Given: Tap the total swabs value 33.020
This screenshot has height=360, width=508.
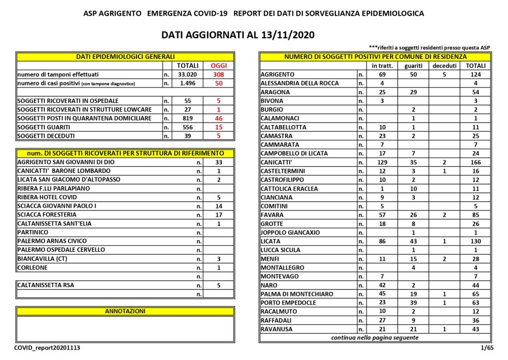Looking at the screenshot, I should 188,74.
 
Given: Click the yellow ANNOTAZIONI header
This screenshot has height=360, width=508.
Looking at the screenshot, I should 125,311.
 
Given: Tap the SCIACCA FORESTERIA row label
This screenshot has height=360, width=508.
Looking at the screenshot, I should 47,215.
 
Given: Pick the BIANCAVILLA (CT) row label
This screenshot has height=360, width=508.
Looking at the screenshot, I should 43,259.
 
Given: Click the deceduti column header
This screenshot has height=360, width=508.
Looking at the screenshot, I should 444,66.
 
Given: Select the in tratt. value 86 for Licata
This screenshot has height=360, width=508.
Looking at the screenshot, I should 382,241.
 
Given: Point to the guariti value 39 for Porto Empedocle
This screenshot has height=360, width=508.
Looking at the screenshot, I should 413,302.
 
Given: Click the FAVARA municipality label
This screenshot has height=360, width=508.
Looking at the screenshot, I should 272,215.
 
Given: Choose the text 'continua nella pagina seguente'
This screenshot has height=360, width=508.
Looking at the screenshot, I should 375,338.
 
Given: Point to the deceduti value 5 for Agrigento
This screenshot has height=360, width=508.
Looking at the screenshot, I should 444,74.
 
